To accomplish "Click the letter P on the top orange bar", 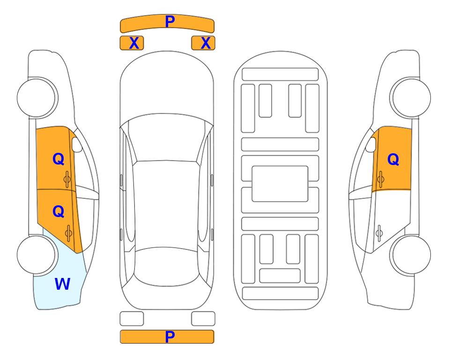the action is [x=170, y=21].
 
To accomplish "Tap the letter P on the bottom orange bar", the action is [x=170, y=337].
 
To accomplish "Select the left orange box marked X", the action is [x=132, y=43].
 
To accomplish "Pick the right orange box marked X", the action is [x=203, y=43].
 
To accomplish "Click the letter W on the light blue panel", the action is [x=62, y=284].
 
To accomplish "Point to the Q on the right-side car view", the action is [x=393, y=159].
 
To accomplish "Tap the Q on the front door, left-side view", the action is [x=59, y=159].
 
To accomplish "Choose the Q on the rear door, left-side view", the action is [x=59, y=211].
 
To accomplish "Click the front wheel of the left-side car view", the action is [x=37, y=97].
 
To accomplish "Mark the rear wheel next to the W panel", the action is [x=37, y=255].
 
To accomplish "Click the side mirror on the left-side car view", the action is [x=77, y=144].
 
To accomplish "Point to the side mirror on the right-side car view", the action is [x=371, y=144].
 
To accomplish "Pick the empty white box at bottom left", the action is [x=132, y=319].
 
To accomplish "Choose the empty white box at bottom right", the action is [x=203, y=319].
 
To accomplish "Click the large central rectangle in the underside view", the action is [x=280, y=184].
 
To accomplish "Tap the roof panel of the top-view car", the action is [x=167, y=204].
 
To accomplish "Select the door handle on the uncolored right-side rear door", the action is [x=379, y=233].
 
